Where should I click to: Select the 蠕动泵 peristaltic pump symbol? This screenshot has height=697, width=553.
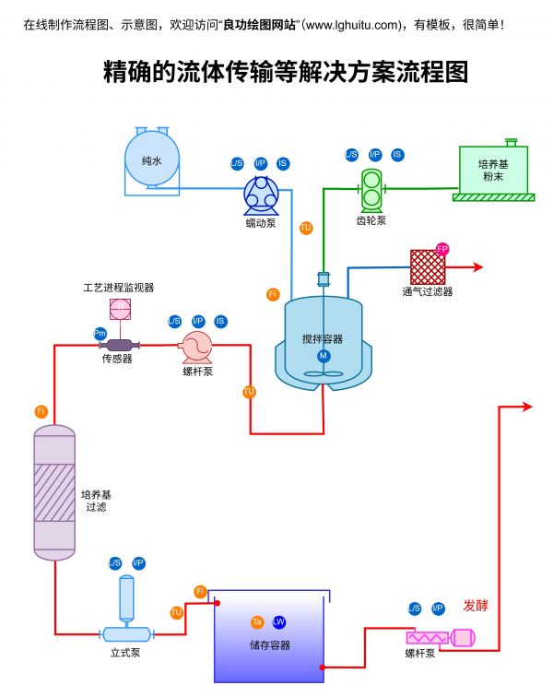click(x=261, y=195)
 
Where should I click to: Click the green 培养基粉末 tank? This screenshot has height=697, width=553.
click(x=494, y=170)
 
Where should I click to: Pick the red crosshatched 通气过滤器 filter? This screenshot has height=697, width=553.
click(x=428, y=267)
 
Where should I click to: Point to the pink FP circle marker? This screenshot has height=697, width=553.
click(x=442, y=249)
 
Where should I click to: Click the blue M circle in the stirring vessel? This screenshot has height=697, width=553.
click(x=324, y=356)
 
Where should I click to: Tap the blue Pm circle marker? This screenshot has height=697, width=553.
click(x=100, y=332)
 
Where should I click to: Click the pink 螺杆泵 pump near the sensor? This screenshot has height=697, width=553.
click(x=196, y=347)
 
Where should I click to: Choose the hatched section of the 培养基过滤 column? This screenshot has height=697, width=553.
click(x=54, y=493)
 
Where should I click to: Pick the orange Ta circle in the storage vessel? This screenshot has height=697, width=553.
click(x=257, y=622)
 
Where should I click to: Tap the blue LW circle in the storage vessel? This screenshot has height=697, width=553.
click(x=279, y=622)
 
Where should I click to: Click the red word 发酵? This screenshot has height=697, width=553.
click(x=476, y=606)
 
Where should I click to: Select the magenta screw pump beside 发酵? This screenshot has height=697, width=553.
click(x=440, y=636)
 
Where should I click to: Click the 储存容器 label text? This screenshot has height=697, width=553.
click(x=270, y=645)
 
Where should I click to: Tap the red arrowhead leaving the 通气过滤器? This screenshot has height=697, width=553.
click(x=477, y=267)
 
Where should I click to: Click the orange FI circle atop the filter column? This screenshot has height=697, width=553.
click(x=41, y=410)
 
